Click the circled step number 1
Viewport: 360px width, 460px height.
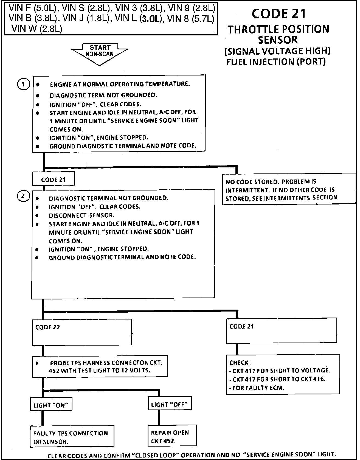[x=23, y=84]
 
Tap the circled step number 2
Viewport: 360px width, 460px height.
[x=23, y=196]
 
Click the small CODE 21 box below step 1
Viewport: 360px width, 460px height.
[x=53, y=179]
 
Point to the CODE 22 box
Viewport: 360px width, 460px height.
[x=82, y=332]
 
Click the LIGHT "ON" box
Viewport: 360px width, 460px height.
[x=51, y=405]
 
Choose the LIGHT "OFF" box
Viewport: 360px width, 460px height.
[x=169, y=404]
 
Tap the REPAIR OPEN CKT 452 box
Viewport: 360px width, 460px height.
[x=172, y=436]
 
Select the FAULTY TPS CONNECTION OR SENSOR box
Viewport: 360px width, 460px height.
[x=72, y=437]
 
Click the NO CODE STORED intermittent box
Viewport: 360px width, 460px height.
[x=289, y=190]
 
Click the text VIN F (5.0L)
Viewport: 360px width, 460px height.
[x=32, y=8]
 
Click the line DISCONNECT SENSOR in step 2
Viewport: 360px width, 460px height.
[x=81, y=215]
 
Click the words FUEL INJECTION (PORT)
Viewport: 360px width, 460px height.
[x=276, y=62]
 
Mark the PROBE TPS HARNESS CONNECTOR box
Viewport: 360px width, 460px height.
[x=100, y=366]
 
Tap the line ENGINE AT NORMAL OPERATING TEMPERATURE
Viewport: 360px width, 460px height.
[x=120, y=84]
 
